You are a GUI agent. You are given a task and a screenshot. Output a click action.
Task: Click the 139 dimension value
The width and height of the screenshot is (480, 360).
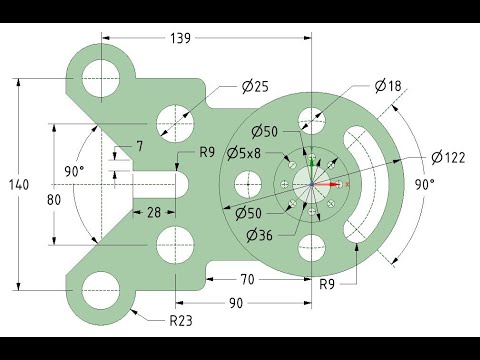180,38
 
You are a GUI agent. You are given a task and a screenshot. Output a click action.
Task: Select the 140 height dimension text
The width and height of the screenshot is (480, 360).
19,184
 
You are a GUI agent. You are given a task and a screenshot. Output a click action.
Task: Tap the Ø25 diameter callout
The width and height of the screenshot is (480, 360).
255,87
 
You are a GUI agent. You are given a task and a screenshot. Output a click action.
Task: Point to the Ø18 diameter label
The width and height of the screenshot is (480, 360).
388,86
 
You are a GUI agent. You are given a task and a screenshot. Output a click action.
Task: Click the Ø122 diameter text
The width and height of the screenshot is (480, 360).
448,157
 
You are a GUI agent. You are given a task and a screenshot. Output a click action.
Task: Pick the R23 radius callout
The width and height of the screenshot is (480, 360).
181,321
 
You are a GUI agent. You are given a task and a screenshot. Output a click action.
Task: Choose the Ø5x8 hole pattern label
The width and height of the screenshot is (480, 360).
244,154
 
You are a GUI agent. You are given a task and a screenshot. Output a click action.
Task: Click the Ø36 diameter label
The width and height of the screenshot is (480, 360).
259,236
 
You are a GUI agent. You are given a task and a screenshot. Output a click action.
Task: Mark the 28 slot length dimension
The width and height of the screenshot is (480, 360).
154,212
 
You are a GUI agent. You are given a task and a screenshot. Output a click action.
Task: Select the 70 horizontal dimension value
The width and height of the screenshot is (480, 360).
247,279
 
